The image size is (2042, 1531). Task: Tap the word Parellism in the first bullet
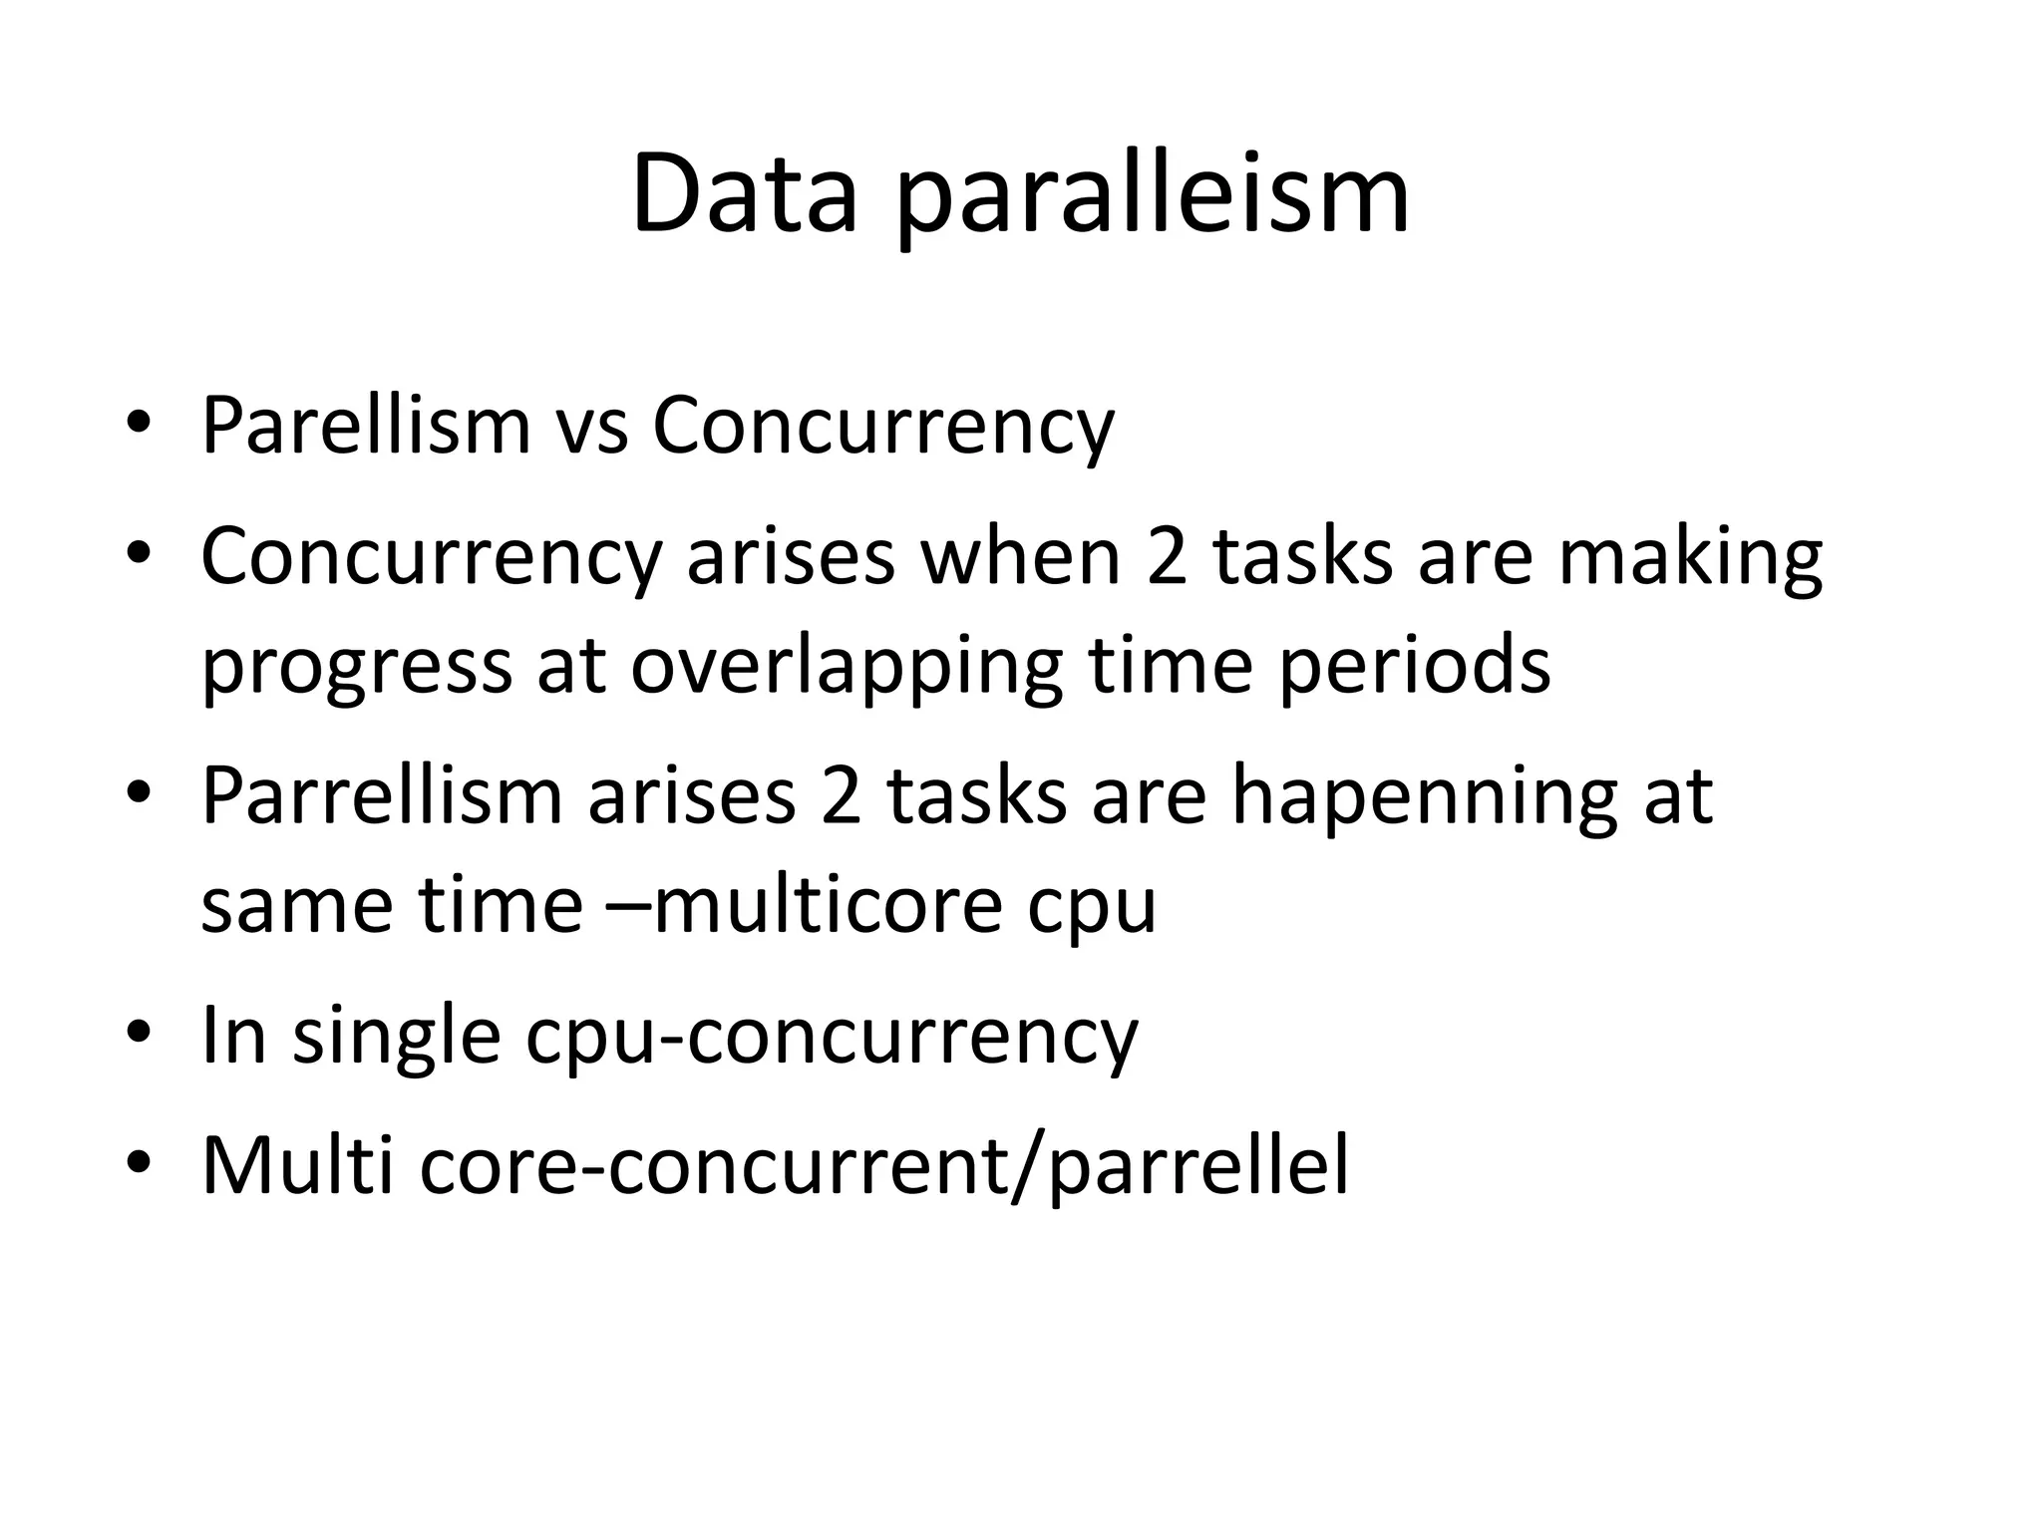click(366, 427)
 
